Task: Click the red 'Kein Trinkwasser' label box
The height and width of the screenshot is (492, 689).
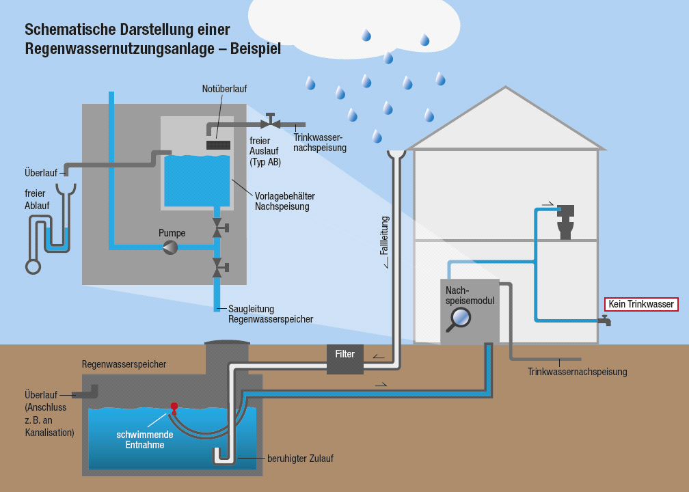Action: click(x=641, y=304)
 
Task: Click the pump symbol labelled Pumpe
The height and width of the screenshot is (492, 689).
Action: click(x=170, y=247)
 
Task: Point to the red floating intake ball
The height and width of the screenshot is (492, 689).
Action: click(x=174, y=405)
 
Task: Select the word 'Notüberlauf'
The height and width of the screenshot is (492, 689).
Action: click(x=224, y=90)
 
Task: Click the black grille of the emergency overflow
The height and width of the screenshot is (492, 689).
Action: click(x=218, y=145)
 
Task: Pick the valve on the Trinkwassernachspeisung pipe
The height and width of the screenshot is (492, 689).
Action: click(x=271, y=123)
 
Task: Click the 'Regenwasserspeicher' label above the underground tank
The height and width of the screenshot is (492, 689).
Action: click(x=124, y=365)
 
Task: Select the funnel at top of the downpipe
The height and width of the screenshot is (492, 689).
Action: click(x=396, y=156)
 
